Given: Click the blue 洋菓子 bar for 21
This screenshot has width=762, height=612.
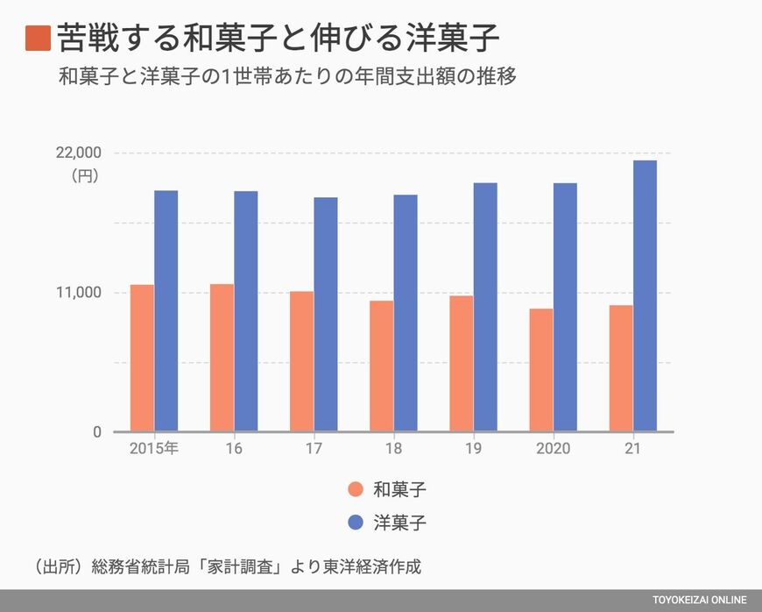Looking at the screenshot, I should coord(645,295).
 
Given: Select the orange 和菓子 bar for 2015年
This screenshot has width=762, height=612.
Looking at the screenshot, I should coord(142,358).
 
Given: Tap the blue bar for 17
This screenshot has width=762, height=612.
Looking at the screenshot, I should coord(326,314).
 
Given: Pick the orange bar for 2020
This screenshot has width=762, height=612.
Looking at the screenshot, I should coord(541,370).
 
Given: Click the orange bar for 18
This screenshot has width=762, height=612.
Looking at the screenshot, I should coord(381,366).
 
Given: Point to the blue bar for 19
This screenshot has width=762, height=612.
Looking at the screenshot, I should coord(485,307).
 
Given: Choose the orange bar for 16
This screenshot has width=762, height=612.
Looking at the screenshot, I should coord(222,358).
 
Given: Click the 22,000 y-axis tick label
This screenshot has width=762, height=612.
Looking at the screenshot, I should coord(78,153).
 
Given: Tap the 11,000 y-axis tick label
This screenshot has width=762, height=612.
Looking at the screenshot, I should coord(78,293).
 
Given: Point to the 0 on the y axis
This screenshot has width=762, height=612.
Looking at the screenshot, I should coord(96,432).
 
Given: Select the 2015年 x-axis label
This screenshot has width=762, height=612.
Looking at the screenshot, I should coord(153,448).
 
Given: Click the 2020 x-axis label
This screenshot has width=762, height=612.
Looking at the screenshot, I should coord(553,448).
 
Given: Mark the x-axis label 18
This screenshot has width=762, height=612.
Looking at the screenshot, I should coord(392,448).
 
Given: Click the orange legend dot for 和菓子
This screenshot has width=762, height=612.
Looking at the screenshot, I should coord(355,489).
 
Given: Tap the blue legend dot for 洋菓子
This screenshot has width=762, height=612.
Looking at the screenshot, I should coord(355,523).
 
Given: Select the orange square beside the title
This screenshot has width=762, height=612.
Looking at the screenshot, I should coord(38,39).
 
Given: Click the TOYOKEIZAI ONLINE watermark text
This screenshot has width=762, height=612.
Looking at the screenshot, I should coord(700,601).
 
